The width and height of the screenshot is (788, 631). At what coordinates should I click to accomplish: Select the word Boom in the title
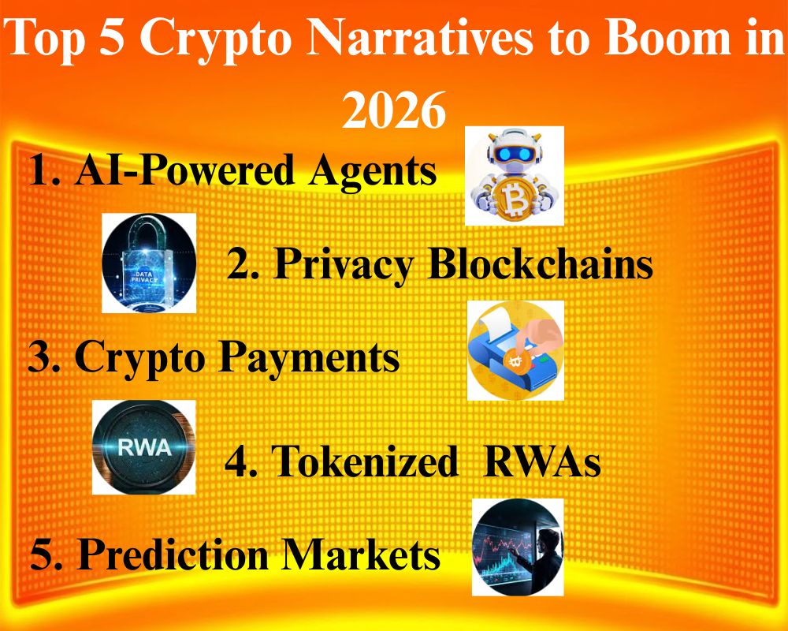coord(663,39)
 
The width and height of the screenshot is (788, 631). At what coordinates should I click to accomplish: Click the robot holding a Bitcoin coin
coord(515,175)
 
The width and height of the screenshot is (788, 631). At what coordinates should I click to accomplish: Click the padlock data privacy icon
coord(149,263)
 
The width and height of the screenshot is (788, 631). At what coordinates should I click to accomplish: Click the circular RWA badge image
coord(143,447)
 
